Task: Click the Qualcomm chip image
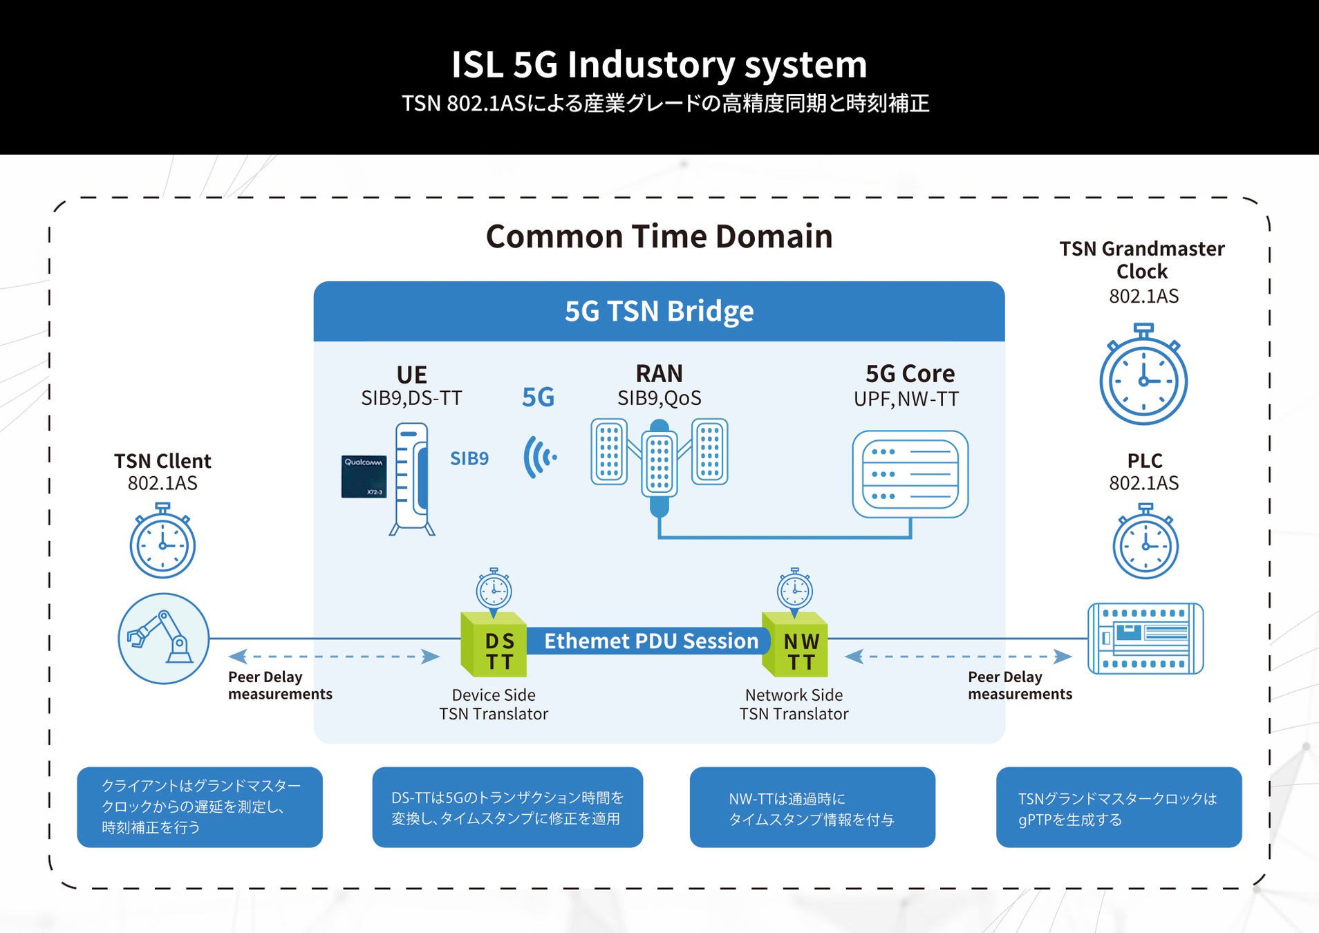(x=364, y=476)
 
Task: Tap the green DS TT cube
(x=494, y=645)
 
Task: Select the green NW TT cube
(x=795, y=645)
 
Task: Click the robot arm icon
(x=163, y=639)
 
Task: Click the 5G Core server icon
(x=910, y=474)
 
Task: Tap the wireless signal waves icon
(x=540, y=457)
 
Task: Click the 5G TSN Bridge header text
(x=659, y=311)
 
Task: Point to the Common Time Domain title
(x=659, y=236)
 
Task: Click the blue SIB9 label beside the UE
(x=469, y=458)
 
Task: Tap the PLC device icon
(x=1145, y=639)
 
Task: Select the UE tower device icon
(x=413, y=480)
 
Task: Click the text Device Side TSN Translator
(x=494, y=704)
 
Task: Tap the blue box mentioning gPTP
(x=1119, y=807)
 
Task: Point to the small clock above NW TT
(x=795, y=590)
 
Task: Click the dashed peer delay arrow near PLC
(x=958, y=657)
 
